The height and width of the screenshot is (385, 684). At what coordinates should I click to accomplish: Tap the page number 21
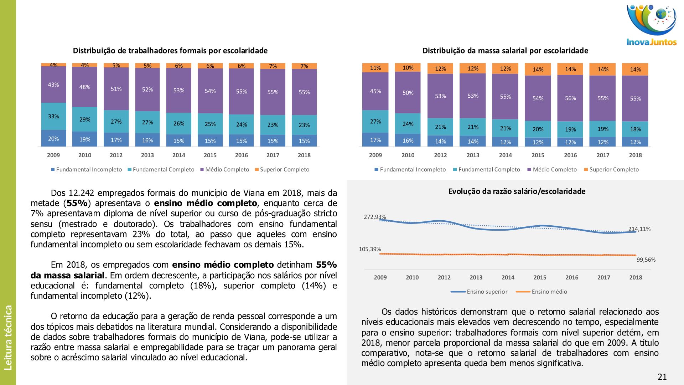(x=662, y=377)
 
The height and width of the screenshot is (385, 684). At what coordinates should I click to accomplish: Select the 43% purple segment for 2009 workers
(x=53, y=85)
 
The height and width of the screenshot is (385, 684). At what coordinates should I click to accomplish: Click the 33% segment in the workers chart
(x=53, y=117)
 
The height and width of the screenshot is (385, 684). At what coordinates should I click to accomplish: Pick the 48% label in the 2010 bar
(x=85, y=87)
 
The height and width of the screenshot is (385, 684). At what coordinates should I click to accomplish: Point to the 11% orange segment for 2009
(x=375, y=68)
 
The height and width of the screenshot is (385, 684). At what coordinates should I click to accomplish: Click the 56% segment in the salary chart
(x=570, y=98)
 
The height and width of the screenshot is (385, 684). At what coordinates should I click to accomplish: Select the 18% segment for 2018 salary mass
(x=635, y=129)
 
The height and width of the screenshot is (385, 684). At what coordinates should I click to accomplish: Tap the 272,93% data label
(x=374, y=217)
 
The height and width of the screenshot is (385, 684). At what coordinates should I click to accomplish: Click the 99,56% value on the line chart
(x=646, y=260)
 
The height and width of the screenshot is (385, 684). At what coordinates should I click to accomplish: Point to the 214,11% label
(x=639, y=229)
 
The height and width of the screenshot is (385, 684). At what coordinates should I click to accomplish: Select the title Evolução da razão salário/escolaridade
(x=517, y=191)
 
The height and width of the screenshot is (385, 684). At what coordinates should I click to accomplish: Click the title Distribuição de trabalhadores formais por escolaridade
(x=170, y=51)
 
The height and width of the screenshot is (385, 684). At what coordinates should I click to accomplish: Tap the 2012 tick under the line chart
(x=444, y=277)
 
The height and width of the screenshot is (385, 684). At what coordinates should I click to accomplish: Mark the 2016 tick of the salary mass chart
(x=570, y=155)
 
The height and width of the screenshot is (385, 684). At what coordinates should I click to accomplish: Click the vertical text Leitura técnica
(x=8, y=337)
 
